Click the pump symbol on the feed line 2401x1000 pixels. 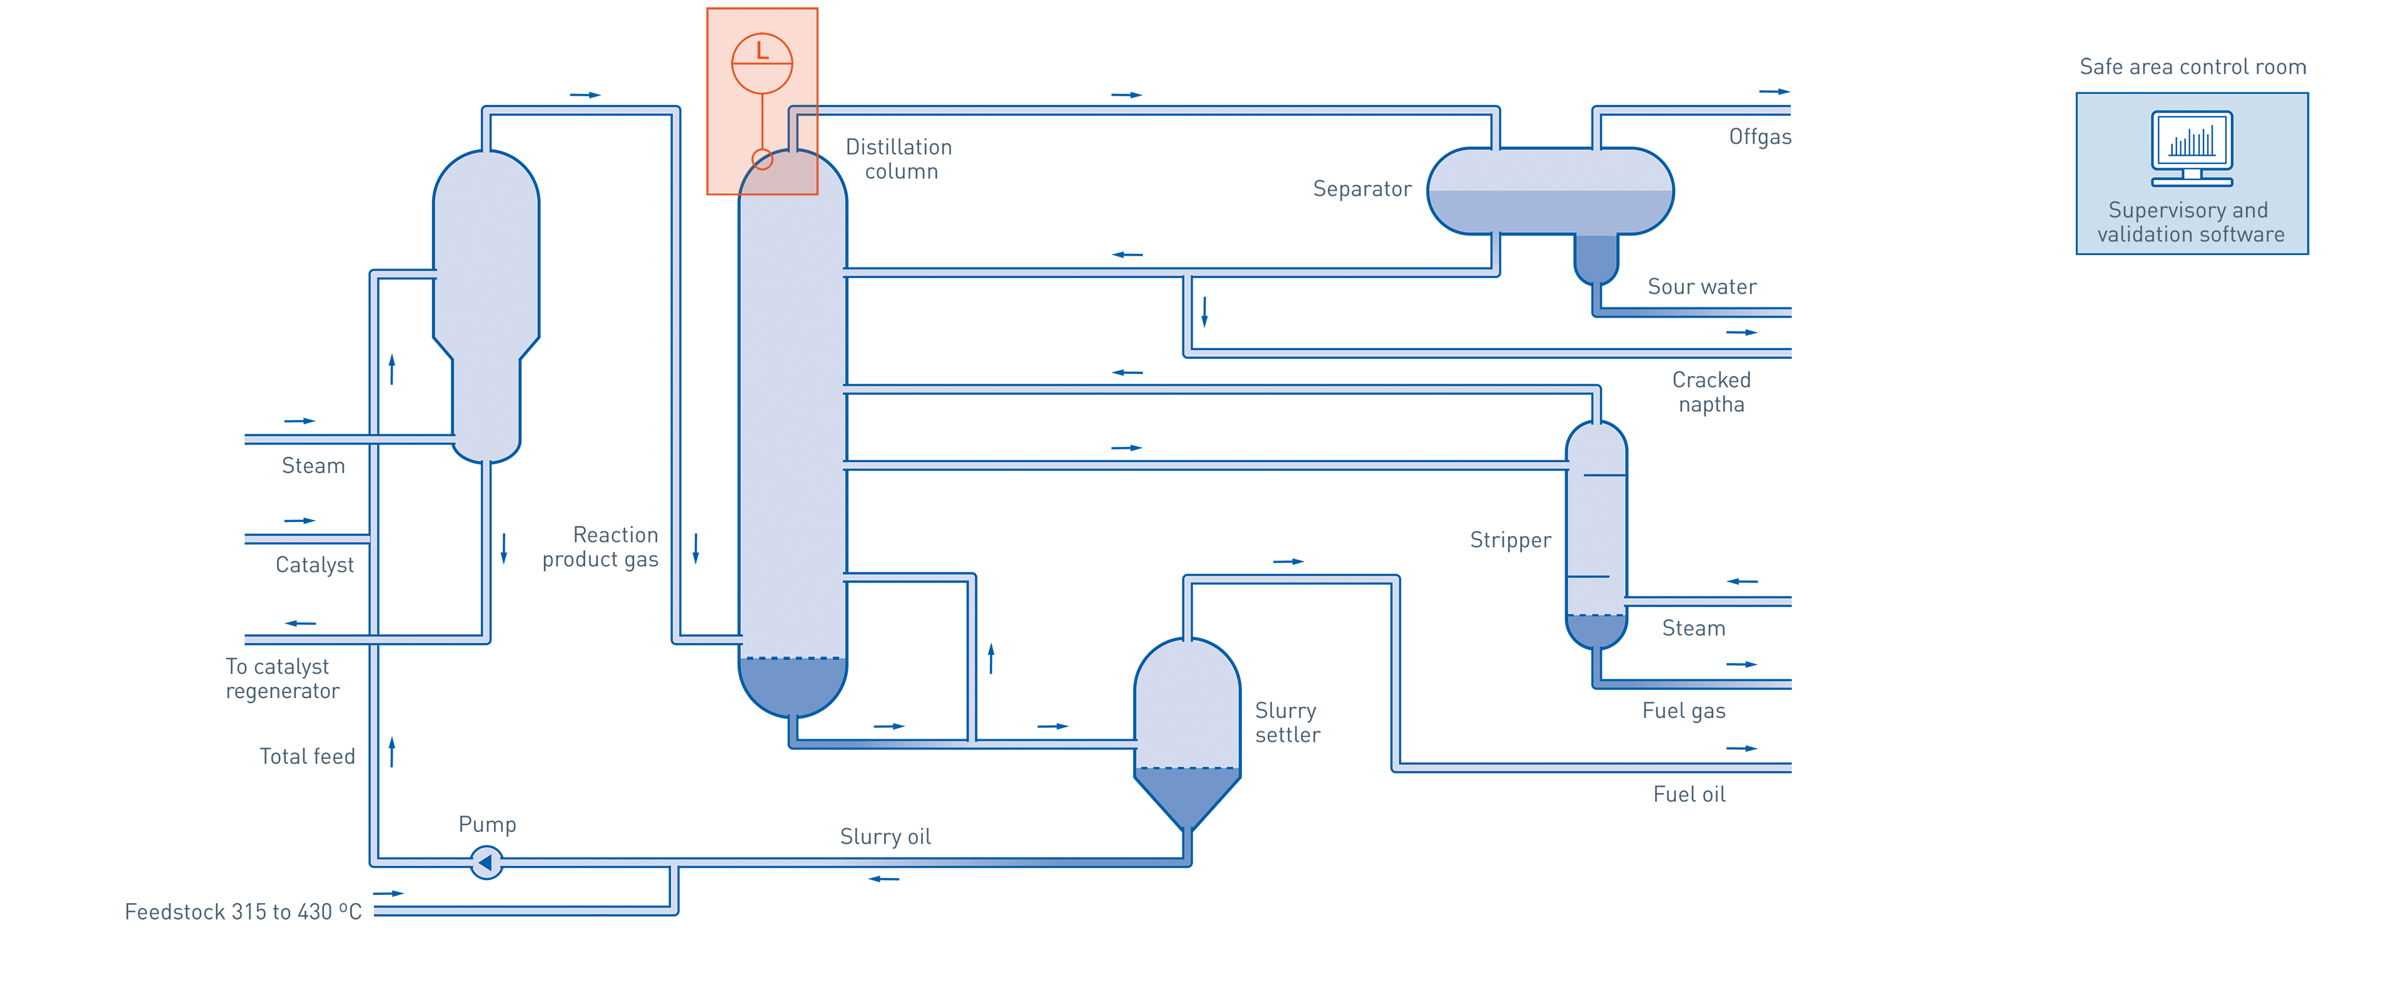pyautogui.click(x=486, y=862)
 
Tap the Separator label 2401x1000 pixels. pyautogui.click(x=1362, y=189)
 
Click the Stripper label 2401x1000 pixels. pyautogui.click(x=1510, y=539)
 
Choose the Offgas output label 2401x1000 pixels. pyautogui.click(x=1759, y=137)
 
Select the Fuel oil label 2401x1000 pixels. pyautogui.click(x=1689, y=794)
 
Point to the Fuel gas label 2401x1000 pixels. pyautogui.click(x=1683, y=711)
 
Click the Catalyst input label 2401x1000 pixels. pyautogui.click(x=314, y=565)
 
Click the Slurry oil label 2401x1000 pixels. pyautogui.click(x=885, y=836)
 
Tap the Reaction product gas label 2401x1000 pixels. pyautogui.click(x=601, y=547)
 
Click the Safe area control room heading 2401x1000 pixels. pyautogui.click(x=2192, y=67)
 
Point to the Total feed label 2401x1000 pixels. pyautogui.click(x=308, y=756)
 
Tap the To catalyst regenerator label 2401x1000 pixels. pyautogui.click(x=281, y=679)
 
